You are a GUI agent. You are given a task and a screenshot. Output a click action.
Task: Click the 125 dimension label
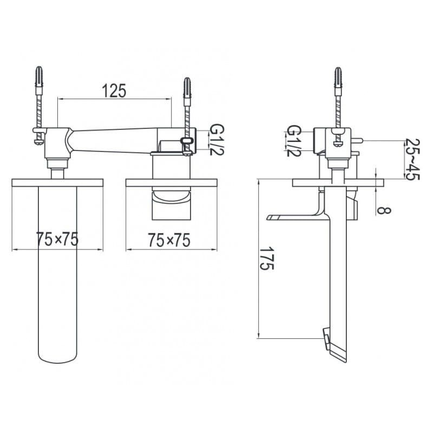(x=114, y=90)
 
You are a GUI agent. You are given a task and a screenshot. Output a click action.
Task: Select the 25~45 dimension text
(x=412, y=159)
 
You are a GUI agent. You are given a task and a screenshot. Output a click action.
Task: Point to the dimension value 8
(x=384, y=211)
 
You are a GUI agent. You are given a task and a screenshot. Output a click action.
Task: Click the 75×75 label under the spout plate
(x=57, y=239)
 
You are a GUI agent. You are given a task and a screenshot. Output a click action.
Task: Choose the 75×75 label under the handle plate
(x=169, y=240)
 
